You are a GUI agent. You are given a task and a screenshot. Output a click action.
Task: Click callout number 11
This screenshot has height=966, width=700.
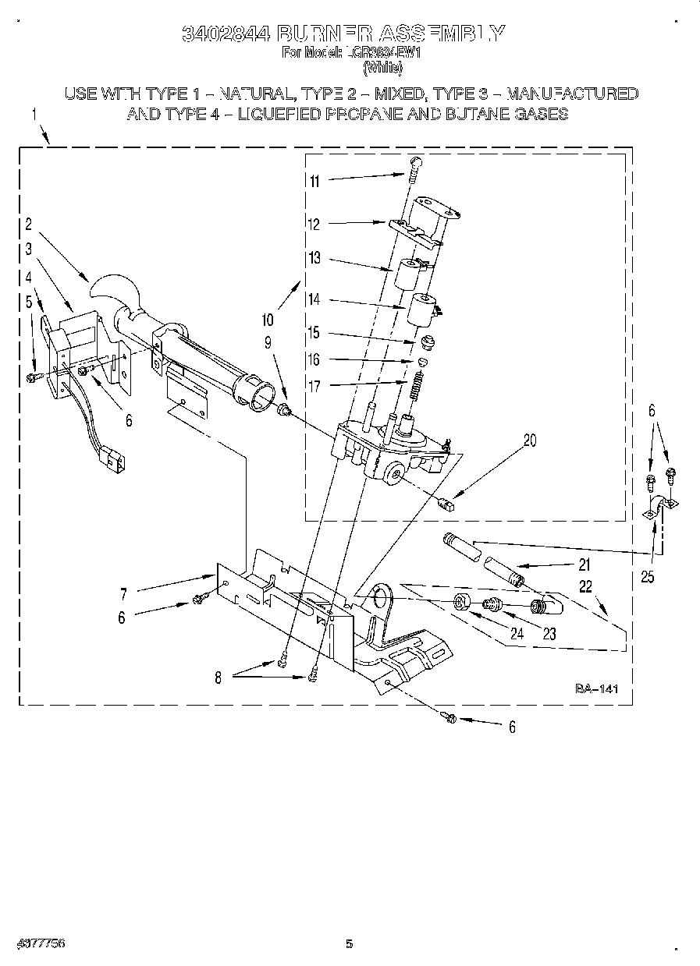(314, 181)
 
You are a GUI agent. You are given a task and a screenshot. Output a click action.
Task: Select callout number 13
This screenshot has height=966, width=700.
(314, 259)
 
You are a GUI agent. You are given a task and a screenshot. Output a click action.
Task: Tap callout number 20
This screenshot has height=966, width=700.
(530, 441)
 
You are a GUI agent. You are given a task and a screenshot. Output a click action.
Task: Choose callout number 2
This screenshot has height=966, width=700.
(28, 225)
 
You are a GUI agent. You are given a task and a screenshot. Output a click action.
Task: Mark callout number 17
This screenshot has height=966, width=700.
(314, 385)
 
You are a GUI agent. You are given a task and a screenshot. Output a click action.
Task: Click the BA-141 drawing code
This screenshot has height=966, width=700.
(596, 688)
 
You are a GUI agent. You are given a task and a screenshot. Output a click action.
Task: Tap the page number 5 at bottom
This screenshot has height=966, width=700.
(350, 944)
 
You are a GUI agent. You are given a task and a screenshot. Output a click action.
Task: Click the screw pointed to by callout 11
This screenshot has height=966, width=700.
(415, 168)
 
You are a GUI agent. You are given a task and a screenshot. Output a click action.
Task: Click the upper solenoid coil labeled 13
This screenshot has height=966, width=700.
(407, 275)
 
